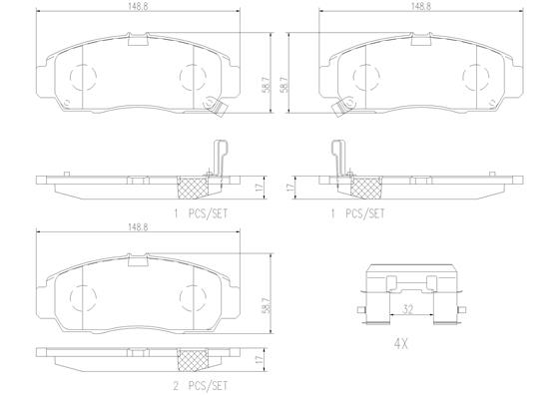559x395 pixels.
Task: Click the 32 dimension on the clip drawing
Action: [410, 310]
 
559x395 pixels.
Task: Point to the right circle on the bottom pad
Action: [190, 295]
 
